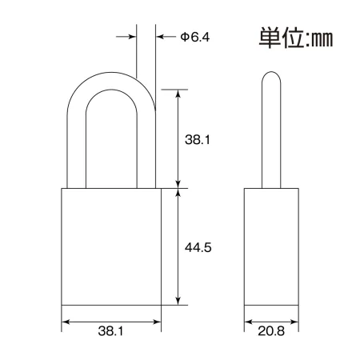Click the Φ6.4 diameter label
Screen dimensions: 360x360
pyautogui.click(x=195, y=37)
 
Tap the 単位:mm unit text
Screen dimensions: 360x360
pyautogui.click(x=296, y=38)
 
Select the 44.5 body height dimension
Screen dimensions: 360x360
pyautogui.click(x=198, y=248)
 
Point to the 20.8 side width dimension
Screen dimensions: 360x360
pyautogui.click(x=271, y=331)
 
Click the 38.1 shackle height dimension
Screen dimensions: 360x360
pyautogui.click(x=198, y=139)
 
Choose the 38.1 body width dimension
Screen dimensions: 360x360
pyautogui.click(x=110, y=331)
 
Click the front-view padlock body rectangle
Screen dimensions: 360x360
pyautogui.click(x=111, y=246)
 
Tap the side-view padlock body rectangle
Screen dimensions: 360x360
pyautogui.click(x=271, y=246)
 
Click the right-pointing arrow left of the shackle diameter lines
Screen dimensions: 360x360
pyautogui.click(x=126, y=37)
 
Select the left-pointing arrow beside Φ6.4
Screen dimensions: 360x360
pyautogui.click(x=166, y=37)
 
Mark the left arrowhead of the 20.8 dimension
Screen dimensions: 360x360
pyautogui.click(x=248, y=322)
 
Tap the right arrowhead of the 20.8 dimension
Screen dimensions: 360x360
pyautogui.click(x=294, y=322)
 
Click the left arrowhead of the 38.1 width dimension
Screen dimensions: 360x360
pyautogui.click(x=66, y=322)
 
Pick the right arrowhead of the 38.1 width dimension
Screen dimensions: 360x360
pyautogui.click(x=157, y=322)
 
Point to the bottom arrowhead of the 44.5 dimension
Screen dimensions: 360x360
pyautogui.click(x=178, y=301)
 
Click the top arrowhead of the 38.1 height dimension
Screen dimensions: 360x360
pyautogui.click(x=178, y=94)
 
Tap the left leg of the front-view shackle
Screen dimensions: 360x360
pyautogui.click(x=76, y=150)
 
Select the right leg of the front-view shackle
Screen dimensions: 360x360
pyautogui.click(x=146, y=150)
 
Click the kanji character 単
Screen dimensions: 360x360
pyautogui.click(x=270, y=38)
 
